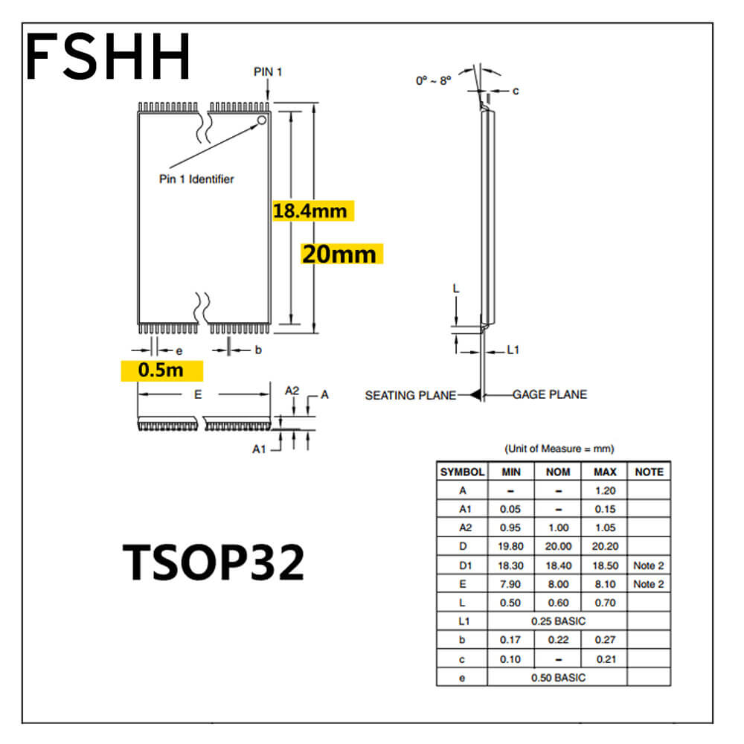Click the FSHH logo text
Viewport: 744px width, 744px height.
tap(108, 56)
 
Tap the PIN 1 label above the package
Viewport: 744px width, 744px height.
tap(268, 71)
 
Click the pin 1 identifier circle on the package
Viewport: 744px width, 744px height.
tap(261, 121)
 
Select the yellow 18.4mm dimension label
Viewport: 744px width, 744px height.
tap(312, 211)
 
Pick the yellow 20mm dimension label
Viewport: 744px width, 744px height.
tap(341, 254)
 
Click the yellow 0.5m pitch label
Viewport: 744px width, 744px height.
tap(161, 370)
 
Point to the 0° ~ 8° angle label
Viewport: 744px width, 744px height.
tap(433, 80)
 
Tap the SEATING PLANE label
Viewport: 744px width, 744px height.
tap(411, 395)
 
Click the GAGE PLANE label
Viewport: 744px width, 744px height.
tap(550, 394)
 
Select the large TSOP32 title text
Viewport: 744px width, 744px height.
tap(214, 562)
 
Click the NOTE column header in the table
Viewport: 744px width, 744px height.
tap(649, 472)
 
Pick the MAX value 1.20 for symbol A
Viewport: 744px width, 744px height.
tap(605, 490)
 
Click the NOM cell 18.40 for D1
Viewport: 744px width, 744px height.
tap(558, 565)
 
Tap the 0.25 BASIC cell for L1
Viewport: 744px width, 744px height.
tap(558, 621)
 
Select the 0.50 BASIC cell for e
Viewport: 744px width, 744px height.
tap(558, 678)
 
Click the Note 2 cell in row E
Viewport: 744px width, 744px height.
tap(649, 584)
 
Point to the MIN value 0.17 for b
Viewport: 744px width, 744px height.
tap(510, 640)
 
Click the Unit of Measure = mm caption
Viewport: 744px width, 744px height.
tap(559, 449)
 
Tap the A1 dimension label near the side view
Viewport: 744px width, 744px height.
tap(259, 449)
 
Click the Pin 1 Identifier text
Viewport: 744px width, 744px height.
tap(196, 179)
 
